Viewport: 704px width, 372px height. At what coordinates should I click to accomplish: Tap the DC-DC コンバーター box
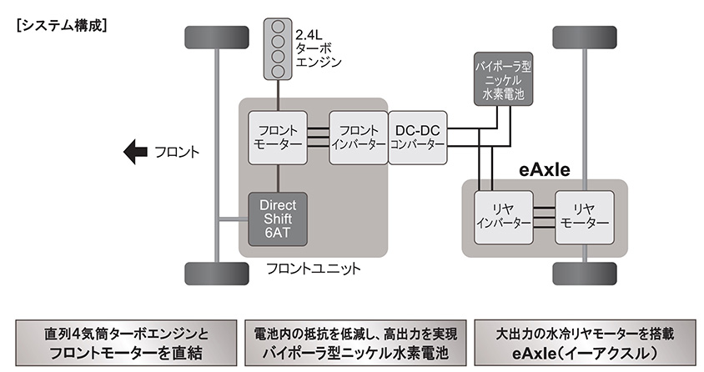tap(417, 137)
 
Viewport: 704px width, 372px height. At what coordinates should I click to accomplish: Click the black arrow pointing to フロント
tap(133, 152)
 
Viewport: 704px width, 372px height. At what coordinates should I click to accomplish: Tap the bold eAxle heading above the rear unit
tap(543, 170)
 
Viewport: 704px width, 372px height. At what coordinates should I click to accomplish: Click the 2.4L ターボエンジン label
tap(319, 48)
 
